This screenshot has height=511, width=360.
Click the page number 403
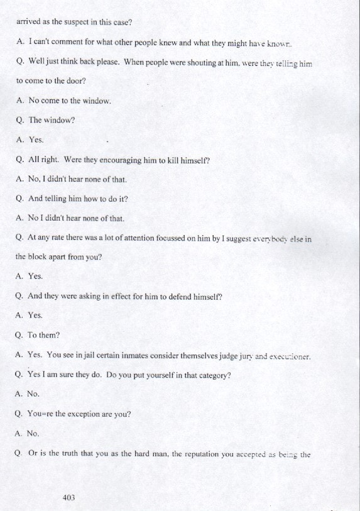[x=69, y=497]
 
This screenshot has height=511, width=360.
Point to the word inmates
[x=131, y=355]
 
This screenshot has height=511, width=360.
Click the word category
[x=210, y=375]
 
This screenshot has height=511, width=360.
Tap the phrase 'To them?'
[x=43, y=336]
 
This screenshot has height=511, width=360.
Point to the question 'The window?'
[x=51, y=120]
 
